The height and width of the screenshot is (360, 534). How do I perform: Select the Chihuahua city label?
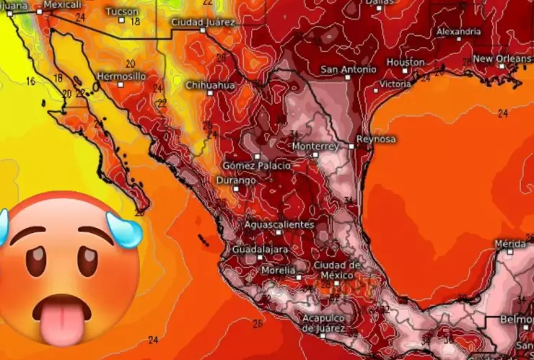210,85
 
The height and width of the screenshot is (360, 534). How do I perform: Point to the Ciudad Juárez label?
203,22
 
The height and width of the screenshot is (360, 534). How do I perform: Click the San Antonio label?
349,70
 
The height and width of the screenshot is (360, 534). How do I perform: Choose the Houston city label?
406,62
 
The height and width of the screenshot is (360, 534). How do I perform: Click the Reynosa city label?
376,139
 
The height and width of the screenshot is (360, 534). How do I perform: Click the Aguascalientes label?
279,224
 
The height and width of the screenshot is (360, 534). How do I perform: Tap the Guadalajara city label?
260,249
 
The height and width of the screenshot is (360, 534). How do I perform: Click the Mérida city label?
510,244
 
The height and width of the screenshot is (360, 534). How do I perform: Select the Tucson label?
122,12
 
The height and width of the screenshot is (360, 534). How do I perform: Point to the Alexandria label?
459,32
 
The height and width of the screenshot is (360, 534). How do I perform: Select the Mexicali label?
63,4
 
